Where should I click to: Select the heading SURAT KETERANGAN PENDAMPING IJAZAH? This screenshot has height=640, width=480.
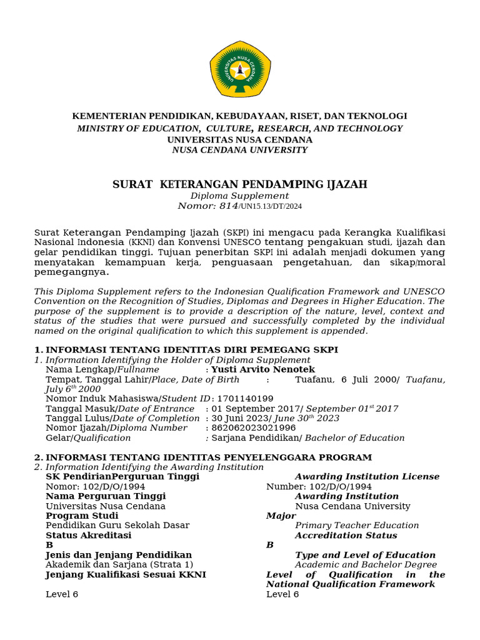[240, 184]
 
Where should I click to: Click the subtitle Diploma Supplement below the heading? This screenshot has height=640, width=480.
[240, 196]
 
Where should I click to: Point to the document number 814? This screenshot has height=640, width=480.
[226, 206]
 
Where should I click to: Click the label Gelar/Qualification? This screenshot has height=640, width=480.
[89, 438]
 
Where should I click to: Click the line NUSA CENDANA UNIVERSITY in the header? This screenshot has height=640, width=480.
[240, 150]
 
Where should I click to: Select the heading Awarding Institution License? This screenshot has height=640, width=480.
[367, 477]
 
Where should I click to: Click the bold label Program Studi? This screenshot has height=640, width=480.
[82, 516]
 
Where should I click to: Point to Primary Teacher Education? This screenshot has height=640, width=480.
[357, 526]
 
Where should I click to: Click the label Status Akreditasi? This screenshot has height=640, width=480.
[89, 536]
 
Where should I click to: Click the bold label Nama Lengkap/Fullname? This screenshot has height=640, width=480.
[102, 369]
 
